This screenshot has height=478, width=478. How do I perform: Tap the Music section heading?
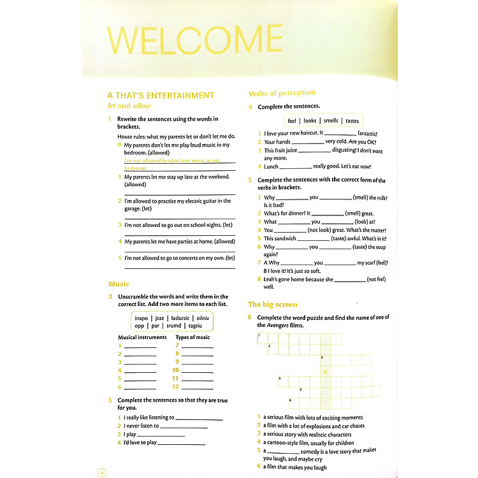pos(119,284)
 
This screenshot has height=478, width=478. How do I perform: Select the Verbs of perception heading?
pos(282,93)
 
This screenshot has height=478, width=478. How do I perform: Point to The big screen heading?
pos(272,305)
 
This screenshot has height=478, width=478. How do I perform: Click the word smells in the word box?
pos(331,120)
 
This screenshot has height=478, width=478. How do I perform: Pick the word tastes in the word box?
pos(352,120)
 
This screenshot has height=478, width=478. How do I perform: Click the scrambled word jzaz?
pos(159,317)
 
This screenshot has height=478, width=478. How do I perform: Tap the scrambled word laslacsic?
pos(180,317)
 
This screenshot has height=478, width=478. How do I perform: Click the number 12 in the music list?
pos(175,387)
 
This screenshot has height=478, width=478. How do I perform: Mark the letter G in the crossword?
pos(326,372)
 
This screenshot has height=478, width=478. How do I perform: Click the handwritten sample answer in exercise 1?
pos(172,164)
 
